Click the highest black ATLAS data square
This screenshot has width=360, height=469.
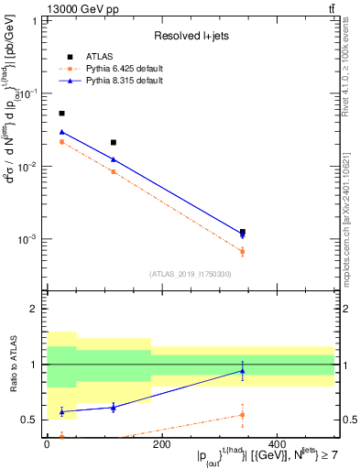(x=61, y=114)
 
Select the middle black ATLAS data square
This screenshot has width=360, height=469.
(x=113, y=142)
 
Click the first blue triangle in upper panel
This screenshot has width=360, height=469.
(x=61, y=132)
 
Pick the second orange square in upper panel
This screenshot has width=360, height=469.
(x=113, y=171)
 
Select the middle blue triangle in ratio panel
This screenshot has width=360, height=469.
(x=113, y=407)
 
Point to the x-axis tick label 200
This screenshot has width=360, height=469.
(x=161, y=444)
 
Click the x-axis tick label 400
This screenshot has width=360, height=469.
(x=276, y=444)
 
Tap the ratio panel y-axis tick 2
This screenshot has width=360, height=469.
(x=35, y=310)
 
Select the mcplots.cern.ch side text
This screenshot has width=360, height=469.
(x=351, y=211)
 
